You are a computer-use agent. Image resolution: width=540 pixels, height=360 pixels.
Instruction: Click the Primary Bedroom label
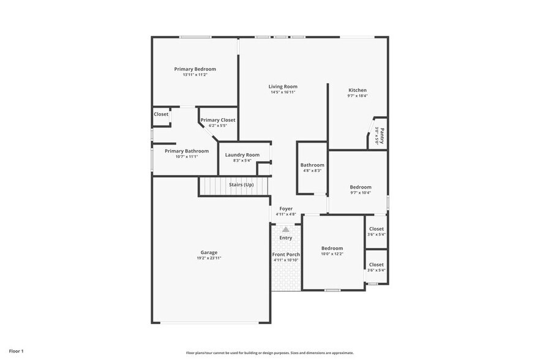(195, 69)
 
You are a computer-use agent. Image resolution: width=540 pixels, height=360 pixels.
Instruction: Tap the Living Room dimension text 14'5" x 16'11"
(283, 92)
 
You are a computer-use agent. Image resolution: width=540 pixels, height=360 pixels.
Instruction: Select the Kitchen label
(358, 90)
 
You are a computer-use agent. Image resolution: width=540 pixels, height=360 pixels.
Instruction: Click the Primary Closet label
(217, 120)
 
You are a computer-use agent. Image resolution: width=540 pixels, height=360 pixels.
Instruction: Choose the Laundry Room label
(242, 155)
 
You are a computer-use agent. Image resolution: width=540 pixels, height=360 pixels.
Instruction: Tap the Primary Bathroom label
(187, 151)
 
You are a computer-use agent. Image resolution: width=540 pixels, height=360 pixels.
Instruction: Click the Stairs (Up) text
(241, 184)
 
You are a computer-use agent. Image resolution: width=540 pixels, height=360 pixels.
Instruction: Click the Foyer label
(286, 209)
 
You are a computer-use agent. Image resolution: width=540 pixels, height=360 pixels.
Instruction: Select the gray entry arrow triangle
(286, 229)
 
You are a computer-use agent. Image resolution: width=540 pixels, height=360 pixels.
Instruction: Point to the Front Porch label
(286, 254)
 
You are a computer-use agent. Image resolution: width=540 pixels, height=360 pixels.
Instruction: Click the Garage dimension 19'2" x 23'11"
(209, 258)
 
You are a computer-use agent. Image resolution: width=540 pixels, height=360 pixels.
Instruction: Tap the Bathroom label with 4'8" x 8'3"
(312, 165)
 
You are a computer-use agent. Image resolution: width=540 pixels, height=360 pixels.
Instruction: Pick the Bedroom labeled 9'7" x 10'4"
(361, 187)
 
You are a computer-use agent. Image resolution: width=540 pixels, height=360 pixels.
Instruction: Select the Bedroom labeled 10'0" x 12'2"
(332, 248)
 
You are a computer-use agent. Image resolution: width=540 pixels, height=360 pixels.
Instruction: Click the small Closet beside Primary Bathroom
(161, 114)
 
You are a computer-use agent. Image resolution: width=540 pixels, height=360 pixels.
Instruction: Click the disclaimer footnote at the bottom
(269, 353)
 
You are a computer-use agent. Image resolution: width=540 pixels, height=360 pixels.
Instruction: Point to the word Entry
(286, 238)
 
